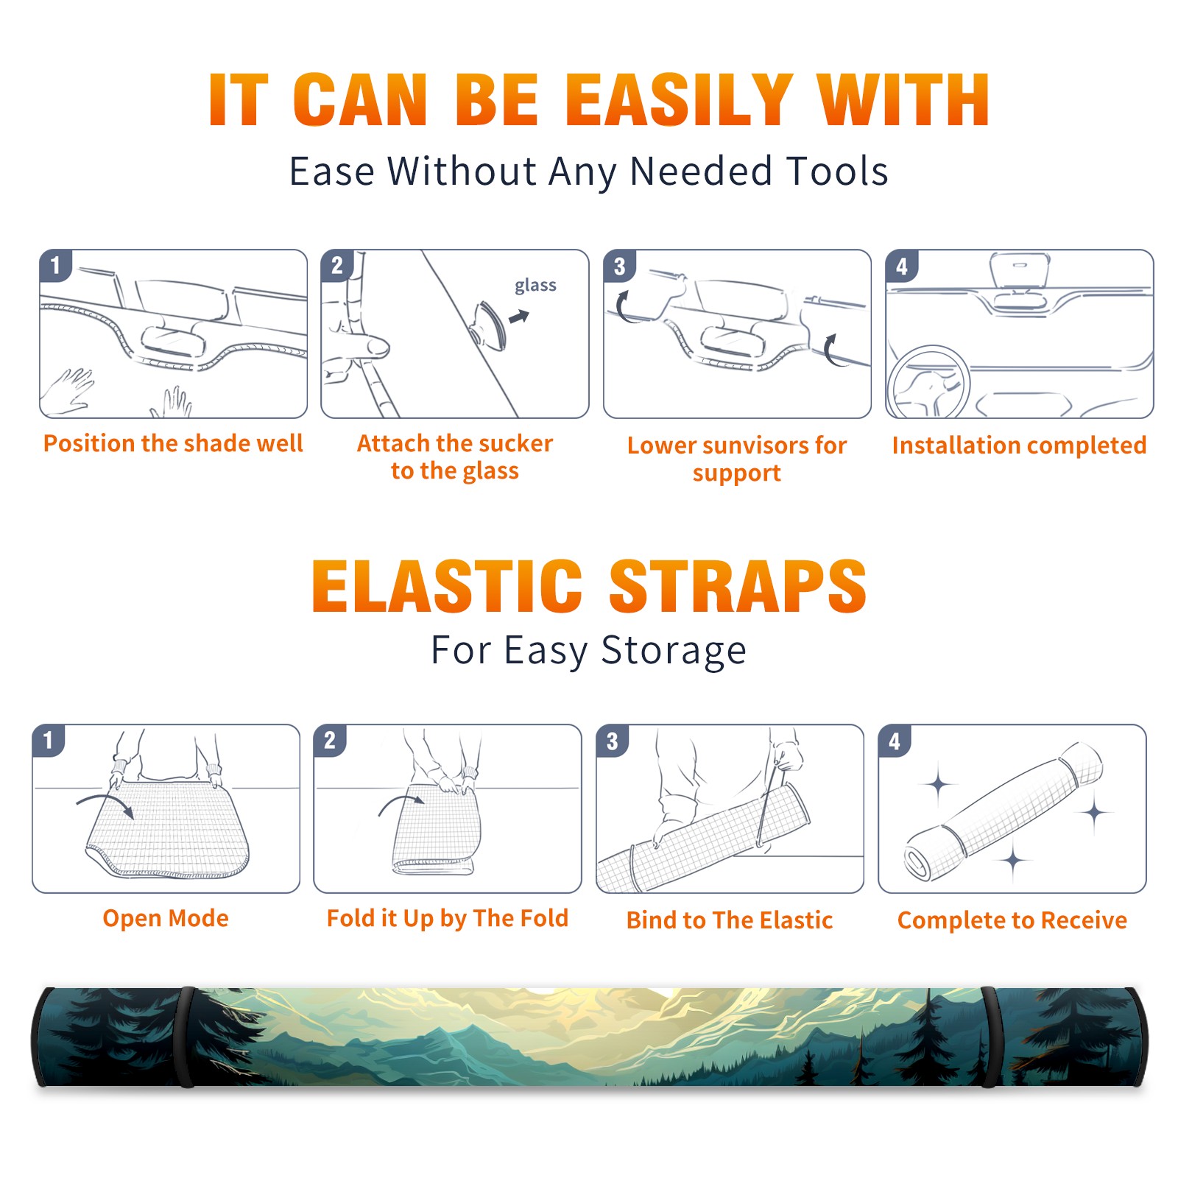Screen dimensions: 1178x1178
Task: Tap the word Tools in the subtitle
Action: pyautogui.click(x=838, y=171)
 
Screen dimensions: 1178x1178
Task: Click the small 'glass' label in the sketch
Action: pyautogui.click(x=535, y=286)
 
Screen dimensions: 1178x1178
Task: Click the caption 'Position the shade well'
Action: pyautogui.click(x=173, y=443)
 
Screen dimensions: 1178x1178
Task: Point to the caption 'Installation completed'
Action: pyautogui.click(x=1019, y=445)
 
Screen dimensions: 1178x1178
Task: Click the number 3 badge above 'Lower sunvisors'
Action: pyautogui.click(x=619, y=267)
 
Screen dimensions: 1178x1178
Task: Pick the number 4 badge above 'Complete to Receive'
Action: pyautogui.click(x=895, y=741)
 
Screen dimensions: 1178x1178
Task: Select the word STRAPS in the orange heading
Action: pyautogui.click(x=738, y=586)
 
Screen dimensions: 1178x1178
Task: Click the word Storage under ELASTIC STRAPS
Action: pyautogui.click(x=674, y=651)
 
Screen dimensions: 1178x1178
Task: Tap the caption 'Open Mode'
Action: pyautogui.click(x=166, y=918)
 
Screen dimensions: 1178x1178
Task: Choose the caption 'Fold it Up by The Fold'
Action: pyautogui.click(x=448, y=918)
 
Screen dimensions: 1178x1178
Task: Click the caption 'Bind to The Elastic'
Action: pyautogui.click(x=730, y=920)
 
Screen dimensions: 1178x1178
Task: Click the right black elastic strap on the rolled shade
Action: pyautogui.click(x=990, y=1037)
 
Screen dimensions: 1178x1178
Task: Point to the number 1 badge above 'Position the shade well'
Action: pyautogui.click(x=55, y=265)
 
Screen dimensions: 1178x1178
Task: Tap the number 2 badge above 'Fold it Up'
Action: pyautogui.click(x=330, y=740)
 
